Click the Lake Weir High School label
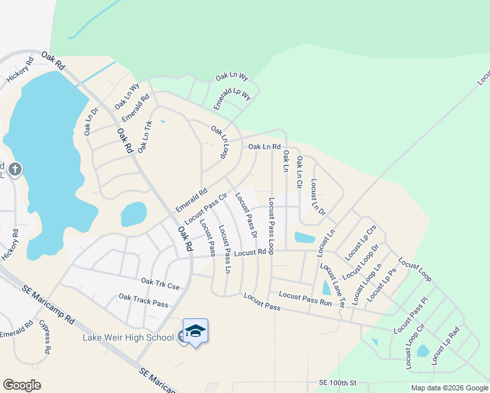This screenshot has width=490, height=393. pos(128,337)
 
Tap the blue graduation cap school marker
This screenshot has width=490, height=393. pos(195,332)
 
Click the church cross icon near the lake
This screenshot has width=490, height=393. pos(15,170)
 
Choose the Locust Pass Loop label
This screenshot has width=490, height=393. pos(271,226)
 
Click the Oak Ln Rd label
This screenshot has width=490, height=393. pos(264,147)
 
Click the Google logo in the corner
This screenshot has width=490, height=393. pos(22,384)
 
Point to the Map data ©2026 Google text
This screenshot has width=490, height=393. pos(449,388)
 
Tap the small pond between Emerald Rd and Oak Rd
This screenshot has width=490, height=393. pos(134,214)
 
